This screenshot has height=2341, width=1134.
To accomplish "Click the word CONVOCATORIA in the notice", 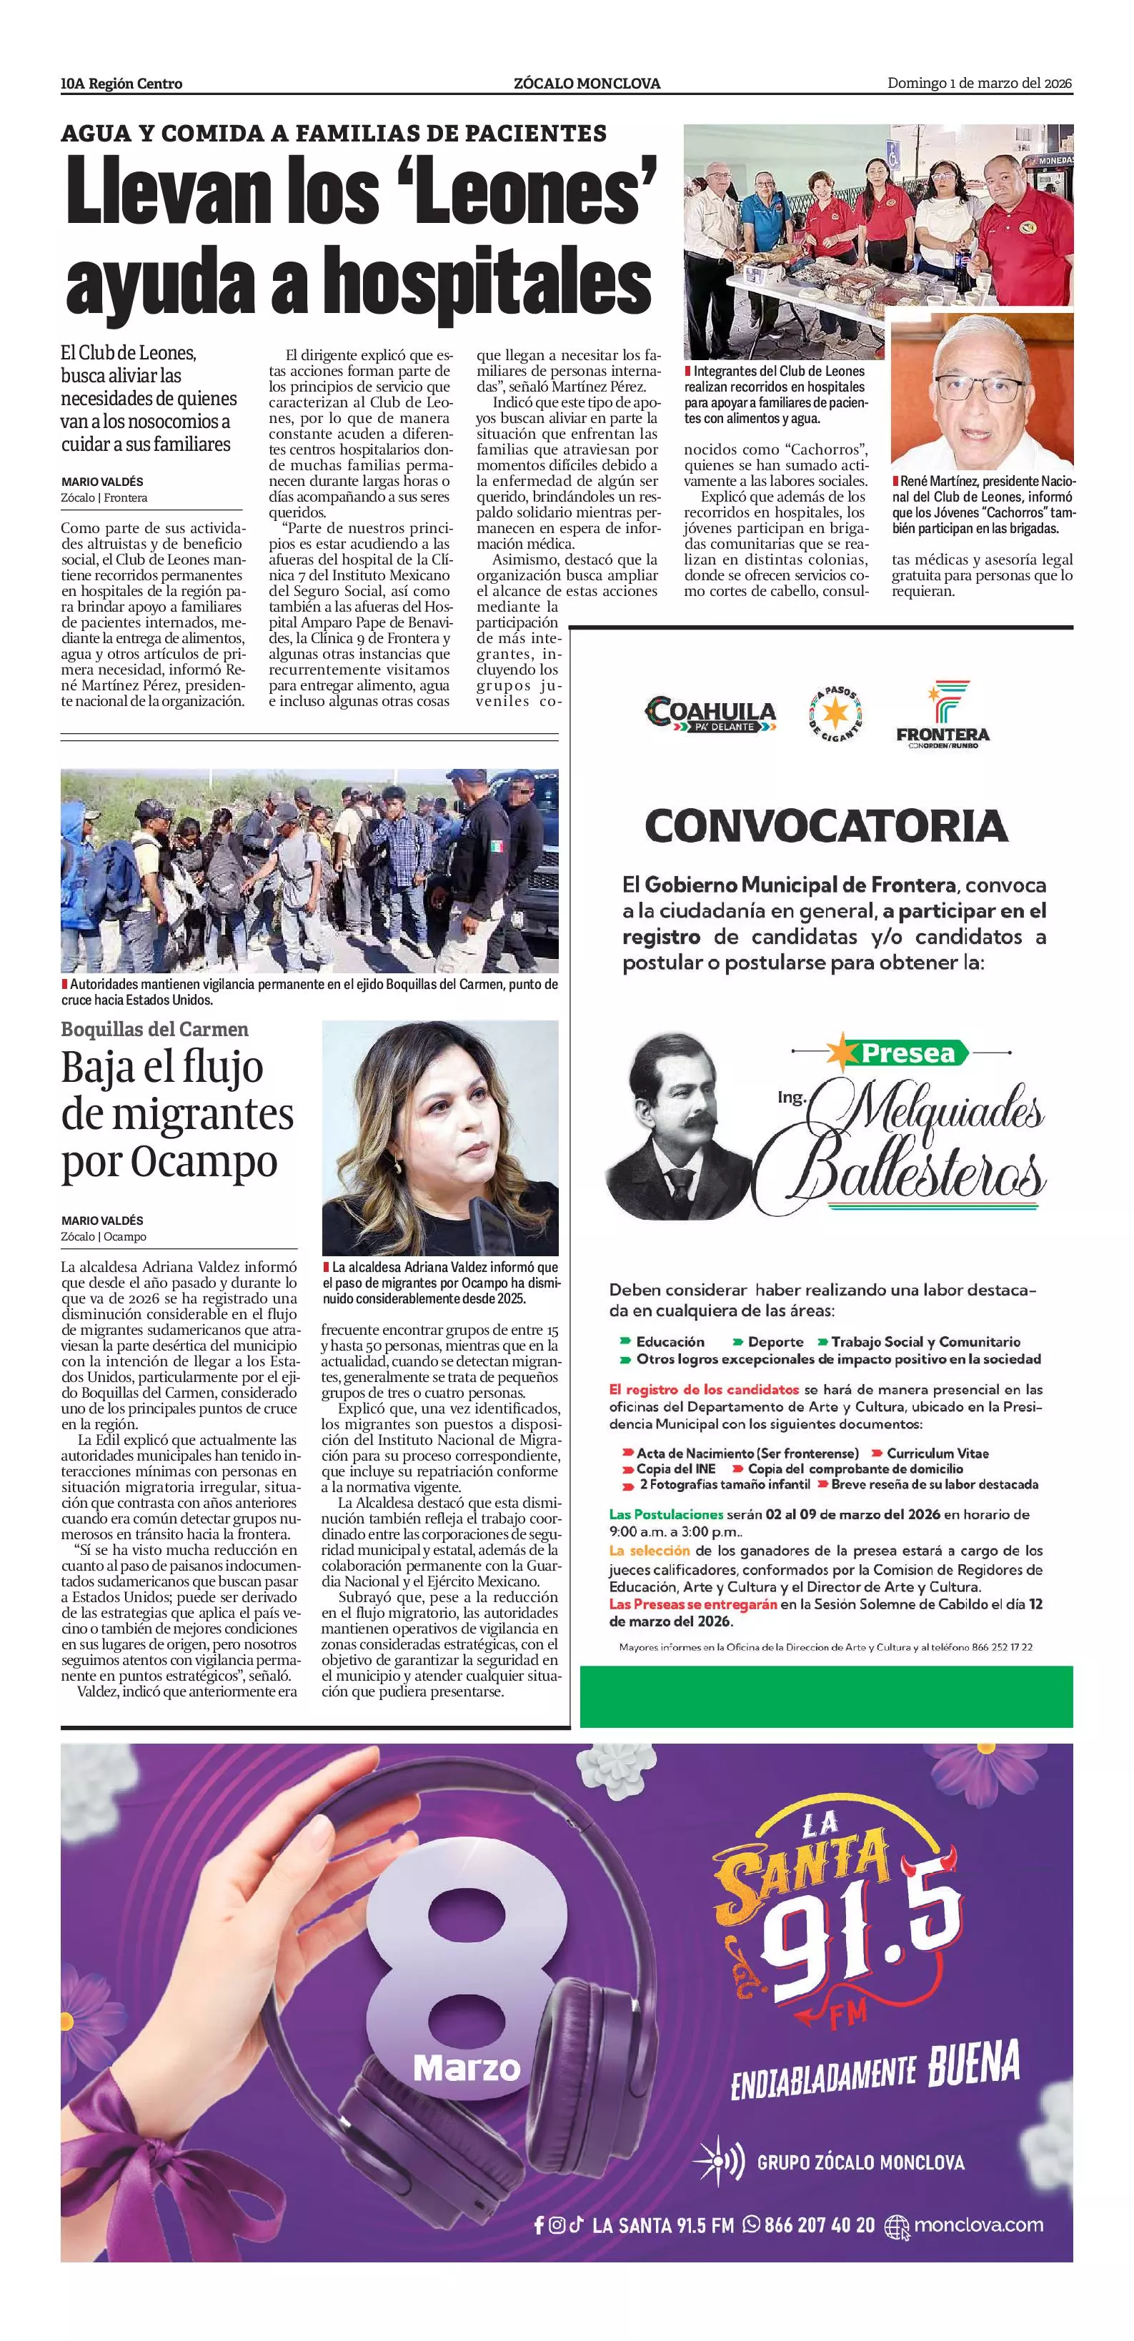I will pos(826,826).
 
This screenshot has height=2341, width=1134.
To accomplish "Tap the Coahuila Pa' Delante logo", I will pos(710,715).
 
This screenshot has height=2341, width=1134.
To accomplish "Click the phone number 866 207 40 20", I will pos(819,2225).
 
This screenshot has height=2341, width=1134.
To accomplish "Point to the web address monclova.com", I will pos(978,2225).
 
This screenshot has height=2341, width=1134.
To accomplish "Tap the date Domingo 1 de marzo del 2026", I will pos(980,84).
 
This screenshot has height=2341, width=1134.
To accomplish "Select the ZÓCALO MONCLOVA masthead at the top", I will pos(587,84).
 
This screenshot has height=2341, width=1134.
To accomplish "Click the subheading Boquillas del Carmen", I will pos(154,1029).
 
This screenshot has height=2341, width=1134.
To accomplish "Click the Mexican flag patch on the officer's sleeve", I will pos(496,846).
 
